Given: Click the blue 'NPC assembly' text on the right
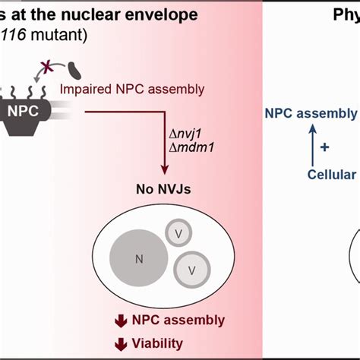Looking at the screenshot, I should [x=311, y=114].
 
